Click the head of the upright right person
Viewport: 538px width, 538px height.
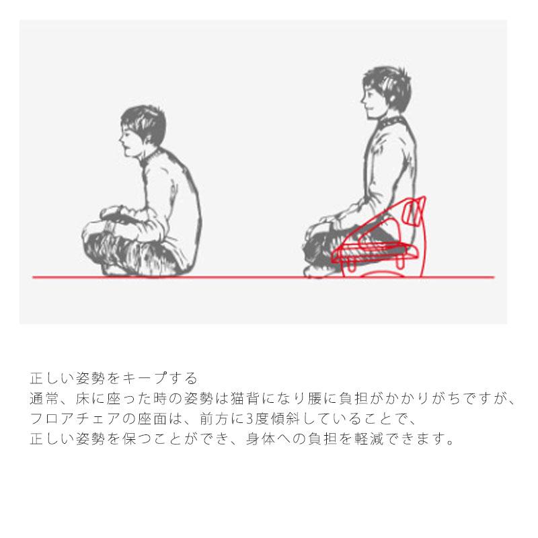pos(385,93)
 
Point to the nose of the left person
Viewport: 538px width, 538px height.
pos(121,139)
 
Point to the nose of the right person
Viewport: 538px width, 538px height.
pos(362,100)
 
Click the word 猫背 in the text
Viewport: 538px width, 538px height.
pos(245,398)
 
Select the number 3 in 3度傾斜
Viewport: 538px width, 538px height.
pos(249,418)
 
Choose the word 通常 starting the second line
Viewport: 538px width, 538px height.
pos(44,398)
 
